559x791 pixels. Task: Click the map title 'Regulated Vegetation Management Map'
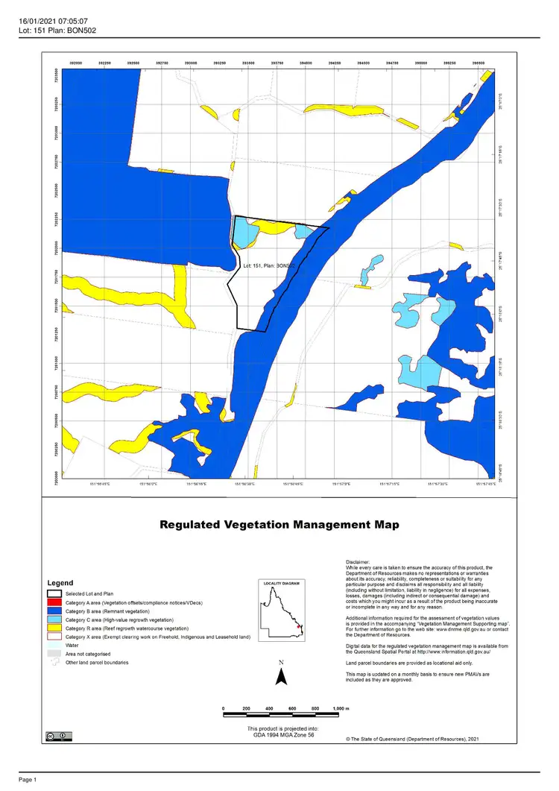(x=279, y=525)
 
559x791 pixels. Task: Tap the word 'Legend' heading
(x=60, y=582)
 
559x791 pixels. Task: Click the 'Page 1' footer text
(x=28, y=780)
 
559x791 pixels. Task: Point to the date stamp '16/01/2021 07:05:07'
(x=54, y=22)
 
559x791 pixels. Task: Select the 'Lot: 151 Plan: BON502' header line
(x=57, y=31)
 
